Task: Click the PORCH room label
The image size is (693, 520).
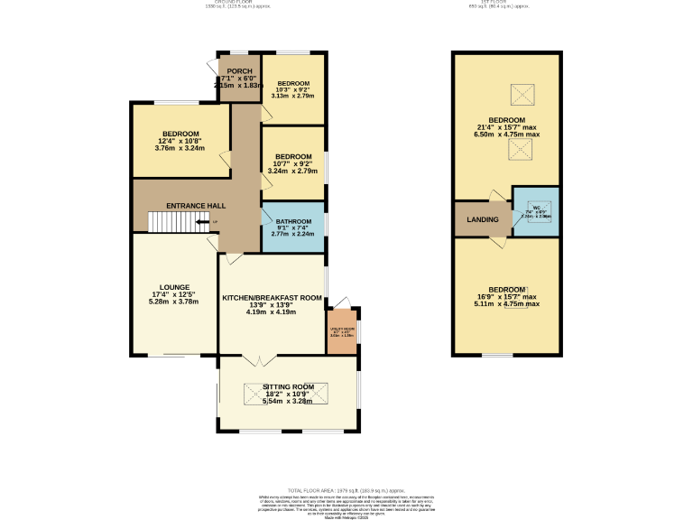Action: tap(239, 71)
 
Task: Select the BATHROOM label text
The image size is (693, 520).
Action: tap(293, 221)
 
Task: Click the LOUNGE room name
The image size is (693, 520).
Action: tap(174, 287)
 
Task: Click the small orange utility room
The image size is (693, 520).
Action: tap(342, 334)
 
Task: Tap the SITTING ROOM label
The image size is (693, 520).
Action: tap(289, 386)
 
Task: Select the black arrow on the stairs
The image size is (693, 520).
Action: tap(213, 222)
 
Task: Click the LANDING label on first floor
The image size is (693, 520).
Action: tap(482, 219)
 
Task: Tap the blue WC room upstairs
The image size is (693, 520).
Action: tap(535, 211)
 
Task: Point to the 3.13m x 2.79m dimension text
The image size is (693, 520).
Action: tap(293, 96)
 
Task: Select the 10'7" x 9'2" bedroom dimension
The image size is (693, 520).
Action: tap(293, 162)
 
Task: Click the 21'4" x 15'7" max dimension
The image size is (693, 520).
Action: tap(506, 127)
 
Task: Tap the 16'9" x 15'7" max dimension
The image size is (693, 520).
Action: tap(506, 296)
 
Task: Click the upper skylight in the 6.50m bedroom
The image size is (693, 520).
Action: tap(522, 94)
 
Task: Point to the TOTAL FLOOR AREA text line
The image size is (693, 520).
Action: tap(346, 487)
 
